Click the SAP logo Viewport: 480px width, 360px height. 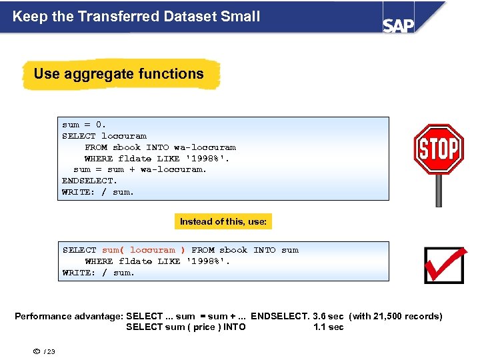pos(398,25)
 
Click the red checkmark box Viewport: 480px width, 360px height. pos(443,265)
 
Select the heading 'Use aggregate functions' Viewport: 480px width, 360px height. pos(119,74)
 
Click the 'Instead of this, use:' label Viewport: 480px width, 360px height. pos(223,221)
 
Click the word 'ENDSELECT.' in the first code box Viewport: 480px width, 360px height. pos(89,181)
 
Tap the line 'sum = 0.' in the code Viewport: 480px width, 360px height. pos(84,125)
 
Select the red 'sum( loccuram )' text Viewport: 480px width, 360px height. pos(144,250)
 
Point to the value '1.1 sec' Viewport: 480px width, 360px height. pos(329,327)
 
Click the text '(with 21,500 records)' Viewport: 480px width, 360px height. pos(395,316)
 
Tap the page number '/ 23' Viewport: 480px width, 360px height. pos(49,351)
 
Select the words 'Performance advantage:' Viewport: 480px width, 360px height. pos(69,316)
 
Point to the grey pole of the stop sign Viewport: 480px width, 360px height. pos(438,191)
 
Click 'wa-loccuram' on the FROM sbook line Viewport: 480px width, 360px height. pos(205,147)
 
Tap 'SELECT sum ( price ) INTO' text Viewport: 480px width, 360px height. pos(185,327)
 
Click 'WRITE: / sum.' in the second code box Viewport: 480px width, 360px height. pos(99,273)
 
